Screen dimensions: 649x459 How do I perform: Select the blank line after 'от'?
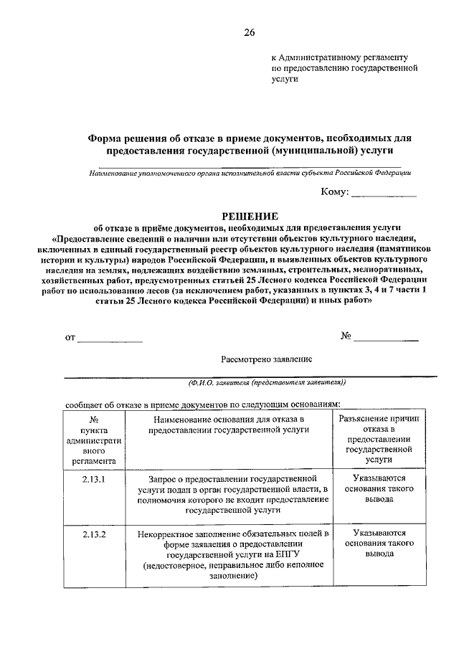point(110,341)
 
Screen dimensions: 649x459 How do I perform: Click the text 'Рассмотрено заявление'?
point(266,358)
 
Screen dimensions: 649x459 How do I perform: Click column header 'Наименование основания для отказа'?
point(227,423)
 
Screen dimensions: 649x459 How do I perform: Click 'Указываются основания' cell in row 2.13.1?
point(373,488)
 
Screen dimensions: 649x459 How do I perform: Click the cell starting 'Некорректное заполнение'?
point(227,554)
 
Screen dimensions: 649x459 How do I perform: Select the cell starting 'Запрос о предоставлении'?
point(227,494)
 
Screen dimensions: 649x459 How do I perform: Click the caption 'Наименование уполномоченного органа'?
point(250,173)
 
